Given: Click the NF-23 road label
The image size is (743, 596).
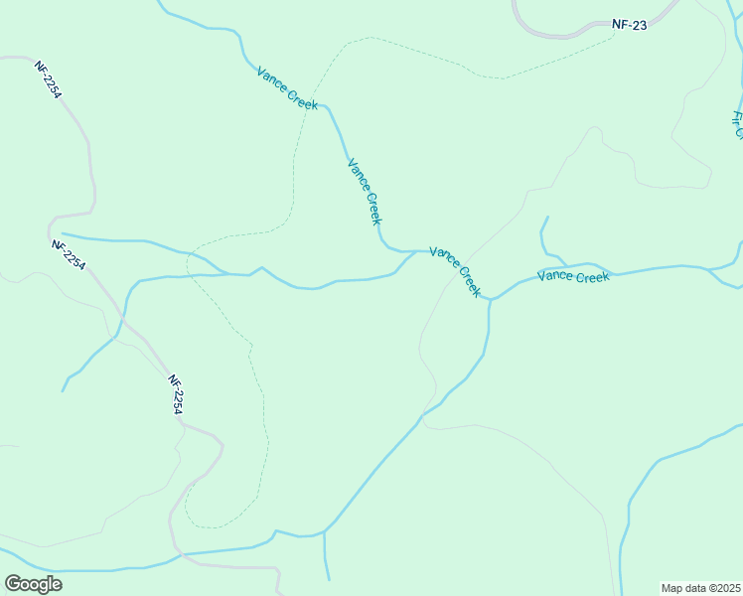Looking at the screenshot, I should tap(630, 25).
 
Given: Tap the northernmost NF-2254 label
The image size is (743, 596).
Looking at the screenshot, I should tap(49, 79).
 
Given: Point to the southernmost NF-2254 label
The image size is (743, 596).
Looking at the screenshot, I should tap(177, 394).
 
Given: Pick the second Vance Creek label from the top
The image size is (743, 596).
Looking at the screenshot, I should tap(365, 191).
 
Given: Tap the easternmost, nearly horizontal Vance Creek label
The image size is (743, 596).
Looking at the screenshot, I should tap(573, 276).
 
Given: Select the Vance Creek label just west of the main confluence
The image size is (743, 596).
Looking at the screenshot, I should tap(455, 271).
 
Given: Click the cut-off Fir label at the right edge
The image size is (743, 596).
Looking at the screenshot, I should tap(737, 125).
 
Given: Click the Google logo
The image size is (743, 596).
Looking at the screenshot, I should tap(33, 583).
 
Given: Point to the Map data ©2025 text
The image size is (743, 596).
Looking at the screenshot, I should tap(699, 587).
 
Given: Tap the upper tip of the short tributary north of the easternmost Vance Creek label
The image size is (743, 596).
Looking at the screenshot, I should tap(547, 217).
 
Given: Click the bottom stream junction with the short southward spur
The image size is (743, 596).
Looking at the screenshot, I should tap(325, 534).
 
